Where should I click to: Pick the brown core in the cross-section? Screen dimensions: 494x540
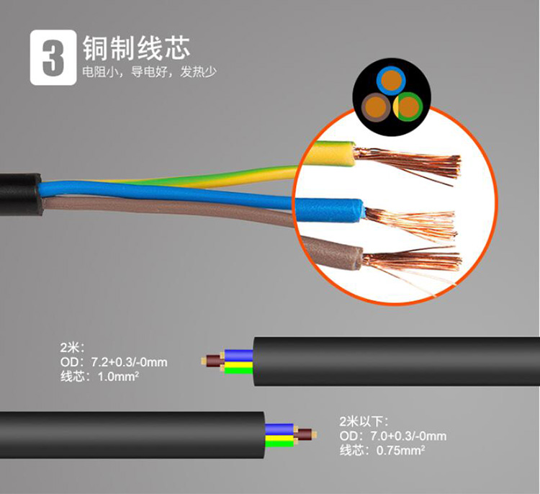click(x=376, y=107)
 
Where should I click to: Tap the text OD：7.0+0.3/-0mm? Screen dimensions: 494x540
click(x=392, y=436)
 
